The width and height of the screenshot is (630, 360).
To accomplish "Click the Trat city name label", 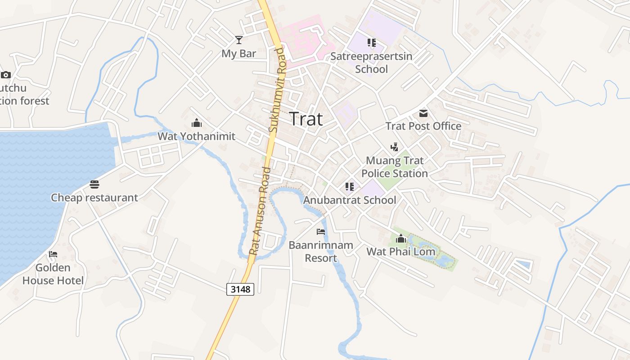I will pyautogui.click(x=306, y=119).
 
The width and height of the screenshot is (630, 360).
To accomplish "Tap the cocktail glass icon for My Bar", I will pyautogui.click(x=238, y=40).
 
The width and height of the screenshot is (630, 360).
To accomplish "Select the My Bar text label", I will pyautogui.click(x=238, y=54).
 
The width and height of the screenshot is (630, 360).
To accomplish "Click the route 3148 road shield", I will pyautogui.click(x=240, y=289).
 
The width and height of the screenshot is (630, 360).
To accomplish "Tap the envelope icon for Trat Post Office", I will pyautogui.click(x=423, y=113).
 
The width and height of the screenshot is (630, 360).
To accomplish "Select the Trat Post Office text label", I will pyautogui.click(x=423, y=126).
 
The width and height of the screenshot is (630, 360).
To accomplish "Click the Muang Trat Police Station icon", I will pyautogui.click(x=395, y=147).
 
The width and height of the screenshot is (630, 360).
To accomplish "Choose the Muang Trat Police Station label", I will pyautogui.click(x=395, y=167).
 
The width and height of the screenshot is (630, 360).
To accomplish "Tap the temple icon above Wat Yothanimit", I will pyautogui.click(x=196, y=123).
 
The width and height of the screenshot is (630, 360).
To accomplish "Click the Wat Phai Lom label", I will pyautogui.click(x=401, y=252).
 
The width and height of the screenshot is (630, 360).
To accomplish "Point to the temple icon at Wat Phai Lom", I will pyautogui.click(x=401, y=238).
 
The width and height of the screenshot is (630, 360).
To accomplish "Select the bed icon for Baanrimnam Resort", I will pyautogui.click(x=321, y=232).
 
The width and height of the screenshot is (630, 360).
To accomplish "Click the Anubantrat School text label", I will pyautogui.click(x=350, y=200).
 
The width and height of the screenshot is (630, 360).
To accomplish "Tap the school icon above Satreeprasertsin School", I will pyautogui.click(x=372, y=43).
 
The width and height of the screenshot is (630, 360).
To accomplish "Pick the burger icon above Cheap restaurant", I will pyautogui.click(x=94, y=184).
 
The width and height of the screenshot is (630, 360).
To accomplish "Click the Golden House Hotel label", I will pyautogui.click(x=53, y=274).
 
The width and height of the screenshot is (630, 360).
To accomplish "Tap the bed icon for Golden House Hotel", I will pyautogui.click(x=53, y=254).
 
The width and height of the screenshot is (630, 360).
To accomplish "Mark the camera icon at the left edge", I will pyautogui.click(x=5, y=75).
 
